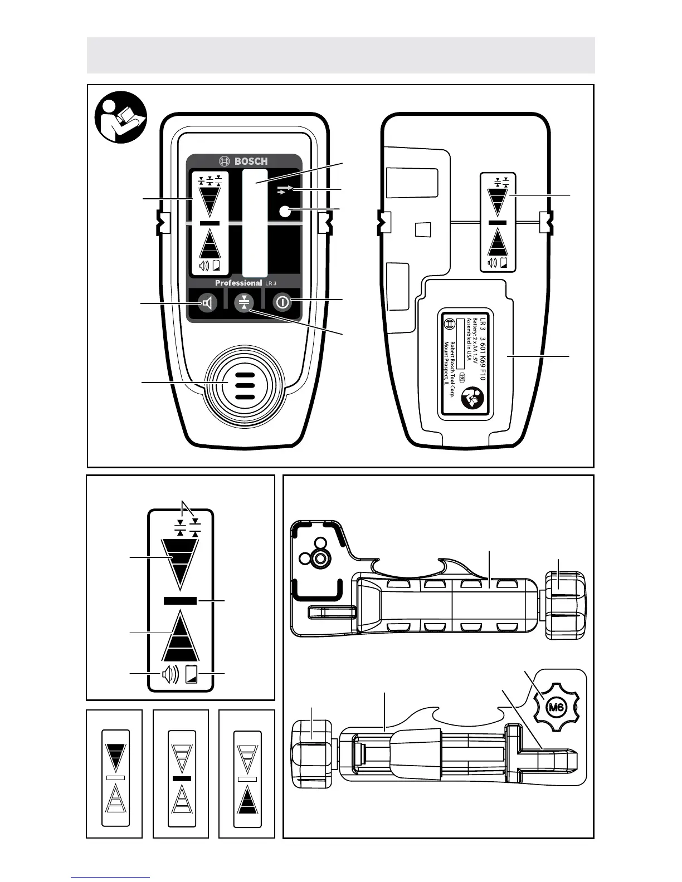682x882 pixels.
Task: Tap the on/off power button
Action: point(282,302)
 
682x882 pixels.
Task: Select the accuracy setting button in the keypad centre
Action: point(244,302)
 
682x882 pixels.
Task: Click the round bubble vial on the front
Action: point(286,211)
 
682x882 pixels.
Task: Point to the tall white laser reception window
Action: point(255,223)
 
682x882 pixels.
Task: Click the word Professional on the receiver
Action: point(238,283)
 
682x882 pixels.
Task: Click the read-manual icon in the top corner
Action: point(120,117)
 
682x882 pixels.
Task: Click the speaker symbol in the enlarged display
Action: point(170,674)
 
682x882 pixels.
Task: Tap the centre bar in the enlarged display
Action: point(180,600)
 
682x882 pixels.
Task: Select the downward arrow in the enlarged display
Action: point(179,562)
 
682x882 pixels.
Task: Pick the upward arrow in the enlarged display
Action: point(180,638)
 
